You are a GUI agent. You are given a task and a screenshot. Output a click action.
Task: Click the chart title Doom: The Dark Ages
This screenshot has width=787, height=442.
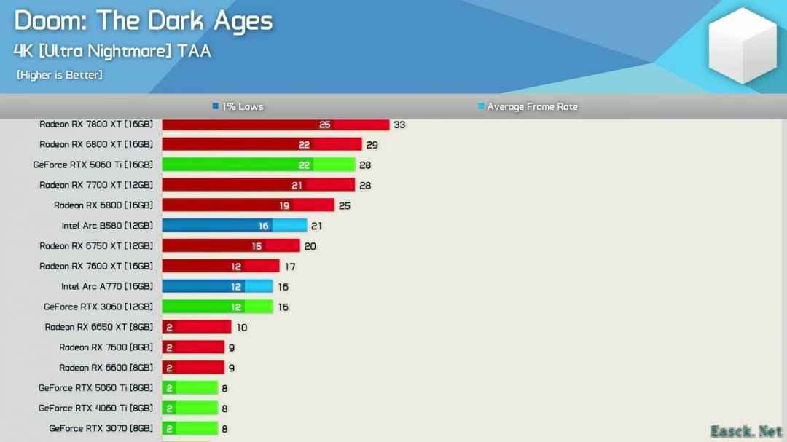click(x=143, y=21)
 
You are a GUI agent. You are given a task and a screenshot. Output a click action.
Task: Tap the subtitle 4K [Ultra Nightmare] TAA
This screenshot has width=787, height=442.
click(x=112, y=51)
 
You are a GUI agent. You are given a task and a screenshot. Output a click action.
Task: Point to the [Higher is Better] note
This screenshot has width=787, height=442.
click(x=60, y=75)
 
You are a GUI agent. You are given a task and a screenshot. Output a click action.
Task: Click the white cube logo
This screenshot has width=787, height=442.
click(x=743, y=45)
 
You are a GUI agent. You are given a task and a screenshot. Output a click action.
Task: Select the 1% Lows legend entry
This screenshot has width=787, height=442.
click(x=238, y=107)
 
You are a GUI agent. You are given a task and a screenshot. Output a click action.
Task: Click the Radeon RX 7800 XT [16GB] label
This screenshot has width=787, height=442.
click(x=96, y=125)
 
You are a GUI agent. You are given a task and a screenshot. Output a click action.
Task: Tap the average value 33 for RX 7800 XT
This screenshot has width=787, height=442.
click(x=399, y=125)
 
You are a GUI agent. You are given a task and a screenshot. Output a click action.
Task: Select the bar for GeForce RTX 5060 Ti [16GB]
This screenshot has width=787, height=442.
click(x=258, y=165)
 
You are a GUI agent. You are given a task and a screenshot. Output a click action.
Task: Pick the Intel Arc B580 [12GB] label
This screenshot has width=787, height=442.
click(x=107, y=226)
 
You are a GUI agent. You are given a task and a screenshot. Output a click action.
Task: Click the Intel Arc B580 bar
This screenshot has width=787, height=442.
click(x=234, y=226)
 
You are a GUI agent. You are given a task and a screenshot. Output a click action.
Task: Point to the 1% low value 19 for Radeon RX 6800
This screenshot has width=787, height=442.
click(x=284, y=206)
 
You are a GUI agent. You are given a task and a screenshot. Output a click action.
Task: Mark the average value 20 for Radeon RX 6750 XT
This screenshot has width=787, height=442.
click(x=310, y=246)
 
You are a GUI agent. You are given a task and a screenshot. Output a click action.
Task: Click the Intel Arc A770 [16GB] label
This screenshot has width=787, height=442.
click(x=107, y=287)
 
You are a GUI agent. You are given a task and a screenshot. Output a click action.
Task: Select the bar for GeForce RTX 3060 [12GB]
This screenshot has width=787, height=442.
click(x=217, y=307)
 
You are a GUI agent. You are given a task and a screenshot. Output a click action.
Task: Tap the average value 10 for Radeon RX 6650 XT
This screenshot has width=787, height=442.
click(x=241, y=328)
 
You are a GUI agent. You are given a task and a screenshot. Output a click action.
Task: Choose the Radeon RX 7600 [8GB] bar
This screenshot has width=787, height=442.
click(x=193, y=347)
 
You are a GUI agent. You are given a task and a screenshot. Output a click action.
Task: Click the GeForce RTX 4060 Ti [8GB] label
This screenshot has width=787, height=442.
click(x=96, y=409)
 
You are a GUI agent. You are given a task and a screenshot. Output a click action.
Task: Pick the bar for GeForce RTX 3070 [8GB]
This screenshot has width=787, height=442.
click(x=189, y=429)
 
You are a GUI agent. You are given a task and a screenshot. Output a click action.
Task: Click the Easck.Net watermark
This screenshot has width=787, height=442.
click(x=746, y=431)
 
